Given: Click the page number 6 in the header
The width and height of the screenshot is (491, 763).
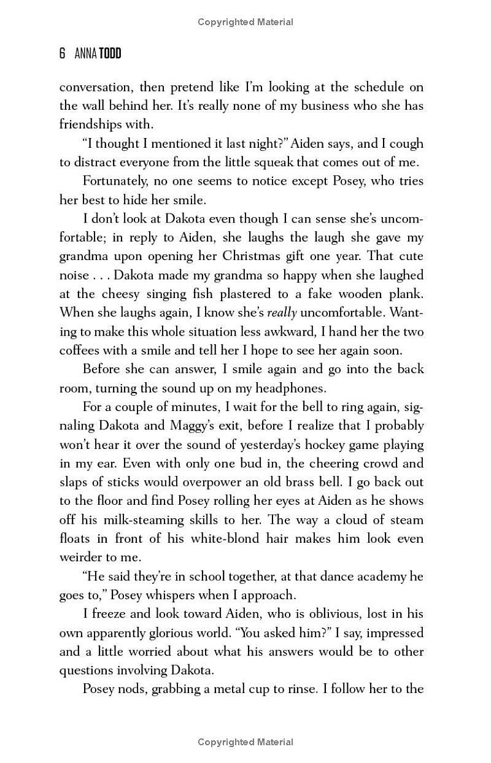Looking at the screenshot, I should pos(62,54).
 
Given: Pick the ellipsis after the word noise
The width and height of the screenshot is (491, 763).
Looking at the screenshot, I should pos(102,275).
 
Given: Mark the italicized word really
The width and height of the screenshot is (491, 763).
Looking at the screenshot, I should pos(282,313).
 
